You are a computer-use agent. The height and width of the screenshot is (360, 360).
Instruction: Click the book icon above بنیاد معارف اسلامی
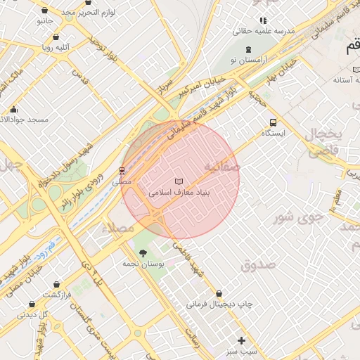[x=178, y=181]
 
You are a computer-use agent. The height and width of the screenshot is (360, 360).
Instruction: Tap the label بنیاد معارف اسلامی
[x=180, y=191]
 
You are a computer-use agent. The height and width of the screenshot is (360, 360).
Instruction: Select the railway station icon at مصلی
[x=122, y=170]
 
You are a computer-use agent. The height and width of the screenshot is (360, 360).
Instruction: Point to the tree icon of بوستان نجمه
[x=143, y=252]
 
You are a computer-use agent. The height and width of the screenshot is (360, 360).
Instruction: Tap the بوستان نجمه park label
[x=143, y=263]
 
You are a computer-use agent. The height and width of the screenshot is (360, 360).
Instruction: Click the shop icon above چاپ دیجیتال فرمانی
[x=219, y=293]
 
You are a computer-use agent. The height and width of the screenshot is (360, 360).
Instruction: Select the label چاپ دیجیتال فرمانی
[x=219, y=304]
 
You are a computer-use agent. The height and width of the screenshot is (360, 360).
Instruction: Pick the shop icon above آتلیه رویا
[x=56, y=37]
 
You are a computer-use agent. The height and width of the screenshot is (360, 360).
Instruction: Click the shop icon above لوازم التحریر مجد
[x=46, y=11]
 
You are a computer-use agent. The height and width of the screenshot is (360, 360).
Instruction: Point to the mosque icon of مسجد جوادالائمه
[x=14, y=109]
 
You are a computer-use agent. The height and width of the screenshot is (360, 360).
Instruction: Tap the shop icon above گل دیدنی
[x=32, y=304]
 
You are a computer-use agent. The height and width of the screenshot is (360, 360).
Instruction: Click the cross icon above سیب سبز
[x=242, y=340]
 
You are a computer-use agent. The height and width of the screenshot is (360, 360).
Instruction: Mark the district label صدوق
[x=257, y=264]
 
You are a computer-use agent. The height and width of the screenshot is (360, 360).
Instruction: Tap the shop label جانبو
[x=44, y=22]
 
